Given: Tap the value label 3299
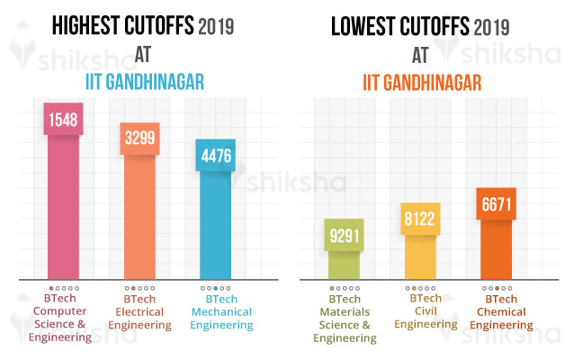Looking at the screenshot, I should click(139, 140).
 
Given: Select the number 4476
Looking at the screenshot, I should click(215, 157).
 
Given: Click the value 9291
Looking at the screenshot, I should click(344, 238).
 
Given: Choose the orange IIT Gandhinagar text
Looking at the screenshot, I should click(422, 83).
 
